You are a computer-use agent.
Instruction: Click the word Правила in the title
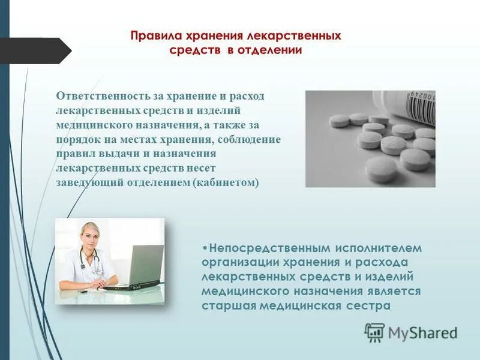pyautogui.click(x=152, y=36)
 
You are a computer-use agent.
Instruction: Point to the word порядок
pyautogui.click(x=77, y=140)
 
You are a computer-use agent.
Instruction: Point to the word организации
pyautogui.click(x=236, y=262)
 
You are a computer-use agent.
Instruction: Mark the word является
pyautogui.click(x=389, y=291)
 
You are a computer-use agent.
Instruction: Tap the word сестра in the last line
pyautogui.click(x=370, y=305)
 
